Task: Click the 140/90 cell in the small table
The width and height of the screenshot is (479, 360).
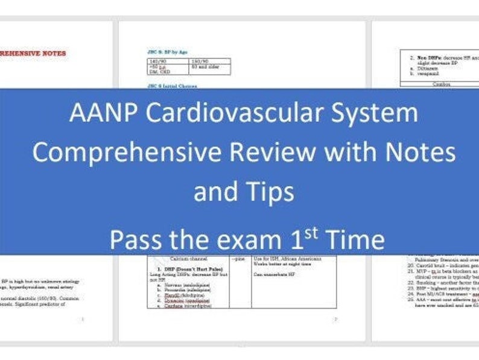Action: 158,62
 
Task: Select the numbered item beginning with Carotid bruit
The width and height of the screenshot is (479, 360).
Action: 440,265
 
